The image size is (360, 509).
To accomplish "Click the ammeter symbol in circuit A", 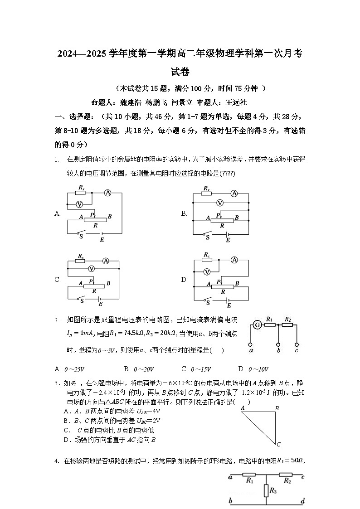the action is [108, 193].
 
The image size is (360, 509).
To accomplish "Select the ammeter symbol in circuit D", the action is [234, 260].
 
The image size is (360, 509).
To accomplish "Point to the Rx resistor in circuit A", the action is [81, 192].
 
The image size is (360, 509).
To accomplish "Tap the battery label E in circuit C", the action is [101, 304].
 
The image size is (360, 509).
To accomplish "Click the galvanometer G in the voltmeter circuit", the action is [257, 325].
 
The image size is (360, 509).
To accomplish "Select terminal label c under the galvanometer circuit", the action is [297, 350].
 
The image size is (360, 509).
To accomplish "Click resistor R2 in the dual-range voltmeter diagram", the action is [287, 325].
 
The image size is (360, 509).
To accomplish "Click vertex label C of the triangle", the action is [279, 444].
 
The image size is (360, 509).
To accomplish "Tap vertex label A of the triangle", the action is [243, 408].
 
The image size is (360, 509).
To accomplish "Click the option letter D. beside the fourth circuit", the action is [185, 280].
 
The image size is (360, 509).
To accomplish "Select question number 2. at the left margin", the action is [57, 320].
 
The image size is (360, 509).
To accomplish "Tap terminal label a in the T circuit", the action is [231, 476].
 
